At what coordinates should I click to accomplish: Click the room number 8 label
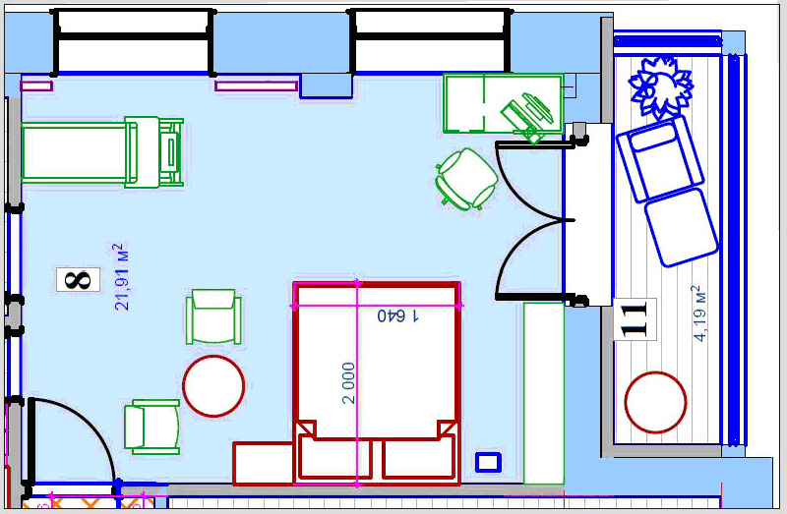coord(78,280)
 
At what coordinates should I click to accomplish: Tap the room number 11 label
coord(635,319)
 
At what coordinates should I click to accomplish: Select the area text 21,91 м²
coord(122,277)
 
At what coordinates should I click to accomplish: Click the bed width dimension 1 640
coord(397,315)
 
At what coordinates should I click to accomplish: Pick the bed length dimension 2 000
coord(348,383)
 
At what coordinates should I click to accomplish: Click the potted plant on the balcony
coord(660,86)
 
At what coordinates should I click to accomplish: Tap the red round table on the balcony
coord(655,402)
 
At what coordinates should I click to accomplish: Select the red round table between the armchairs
coord(213,386)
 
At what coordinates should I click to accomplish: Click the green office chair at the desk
coord(466,179)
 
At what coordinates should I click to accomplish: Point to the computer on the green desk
coord(527,116)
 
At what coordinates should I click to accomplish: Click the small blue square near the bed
coord(488,462)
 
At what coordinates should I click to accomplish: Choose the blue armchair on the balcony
coord(659,159)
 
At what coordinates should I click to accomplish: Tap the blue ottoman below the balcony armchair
coord(681,227)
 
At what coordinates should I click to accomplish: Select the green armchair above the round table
coord(213,316)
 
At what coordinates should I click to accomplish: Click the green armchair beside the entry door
coord(152,427)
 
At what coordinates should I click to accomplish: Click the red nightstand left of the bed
coord(264,463)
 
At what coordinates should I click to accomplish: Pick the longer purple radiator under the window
coord(257,86)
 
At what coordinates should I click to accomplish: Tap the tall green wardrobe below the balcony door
coord(544,393)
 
